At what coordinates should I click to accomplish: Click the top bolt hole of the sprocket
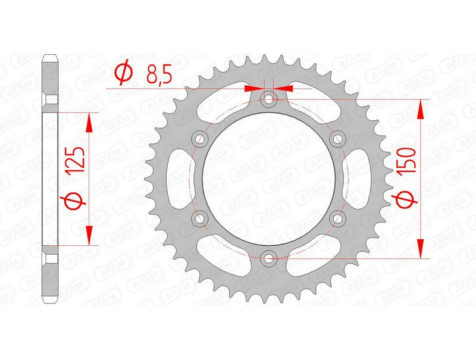[x=269, y=99]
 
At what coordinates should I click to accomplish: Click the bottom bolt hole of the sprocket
[x=269, y=258]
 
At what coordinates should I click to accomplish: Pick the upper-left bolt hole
[x=201, y=139]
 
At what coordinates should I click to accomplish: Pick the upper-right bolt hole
[x=337, y=139]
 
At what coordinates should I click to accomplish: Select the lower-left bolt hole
[x=201, y=218]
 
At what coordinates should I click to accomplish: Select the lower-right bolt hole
[x=337, y=218]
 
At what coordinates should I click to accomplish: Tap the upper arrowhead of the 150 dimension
[x=421, y=107]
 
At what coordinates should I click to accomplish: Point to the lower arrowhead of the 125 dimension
[x=89, y=237]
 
